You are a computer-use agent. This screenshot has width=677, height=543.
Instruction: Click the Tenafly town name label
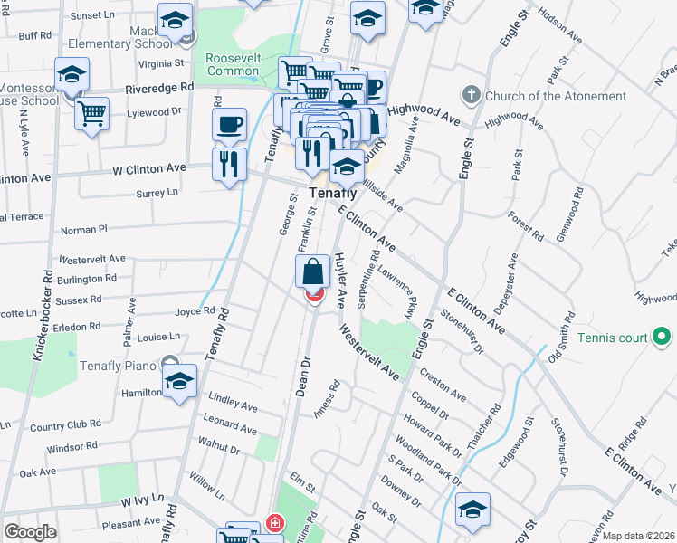click(330, 194)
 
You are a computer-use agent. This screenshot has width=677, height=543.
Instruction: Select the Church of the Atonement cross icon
click(470, 95)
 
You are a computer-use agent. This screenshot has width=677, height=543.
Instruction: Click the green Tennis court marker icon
click(662, 338)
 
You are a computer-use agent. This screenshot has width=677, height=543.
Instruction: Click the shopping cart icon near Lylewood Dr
click(91, 114)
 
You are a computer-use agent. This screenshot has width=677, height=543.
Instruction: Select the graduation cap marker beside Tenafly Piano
click(180, 381)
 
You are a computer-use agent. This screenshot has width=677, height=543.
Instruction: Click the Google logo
click(30, 532)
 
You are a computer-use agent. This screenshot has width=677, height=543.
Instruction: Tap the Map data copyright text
click(637, 536)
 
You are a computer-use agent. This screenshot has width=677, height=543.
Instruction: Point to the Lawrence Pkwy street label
click(402, 290)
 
